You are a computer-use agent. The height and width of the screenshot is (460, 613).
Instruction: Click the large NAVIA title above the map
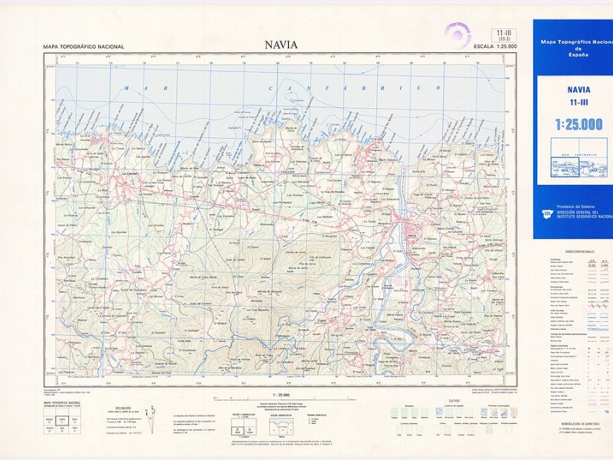click(281, 44)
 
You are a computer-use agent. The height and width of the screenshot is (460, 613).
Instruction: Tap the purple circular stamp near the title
click(458, 36)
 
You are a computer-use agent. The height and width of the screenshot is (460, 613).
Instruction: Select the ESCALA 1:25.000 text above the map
click(496, 47)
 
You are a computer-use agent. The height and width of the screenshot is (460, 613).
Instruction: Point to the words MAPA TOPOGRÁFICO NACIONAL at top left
click(84, 47)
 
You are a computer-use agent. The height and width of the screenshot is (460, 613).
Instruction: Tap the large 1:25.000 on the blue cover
click(579, 124)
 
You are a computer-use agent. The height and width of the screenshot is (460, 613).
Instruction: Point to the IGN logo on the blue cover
click(547, 214)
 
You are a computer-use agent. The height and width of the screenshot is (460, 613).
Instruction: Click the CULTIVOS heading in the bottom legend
click(454, 400)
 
